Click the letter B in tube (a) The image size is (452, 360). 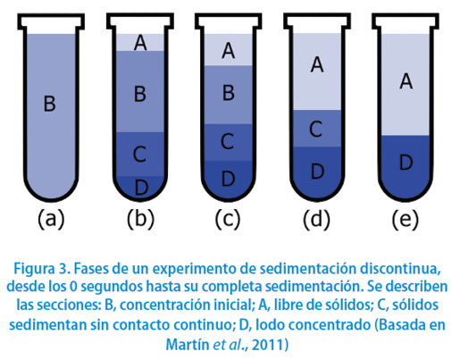[x=50, y=104]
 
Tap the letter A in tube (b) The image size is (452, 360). [x=140, y=43]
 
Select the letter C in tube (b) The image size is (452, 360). [x=139, y=155]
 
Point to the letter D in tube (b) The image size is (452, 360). [x=141, y=188]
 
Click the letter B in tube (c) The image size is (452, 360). [x=229, y=93]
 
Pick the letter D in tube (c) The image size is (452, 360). [x=228, y=178]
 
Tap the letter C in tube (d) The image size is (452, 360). [x=315, y=129]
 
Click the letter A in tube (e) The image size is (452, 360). [x=406, y=81]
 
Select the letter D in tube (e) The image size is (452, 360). [x=406, y=163]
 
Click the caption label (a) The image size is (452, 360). [x=51, y=219]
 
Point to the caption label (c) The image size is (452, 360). [x=228, y=219]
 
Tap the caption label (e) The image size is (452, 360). [x=406, y=219]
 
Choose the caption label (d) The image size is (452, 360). [x=316, y=219]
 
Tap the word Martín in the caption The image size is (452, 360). [x=188, y=345]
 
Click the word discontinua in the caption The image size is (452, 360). [x=400, y=269]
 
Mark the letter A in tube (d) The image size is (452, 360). [x=317, y=64]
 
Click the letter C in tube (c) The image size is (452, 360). [x=227, y=141]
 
